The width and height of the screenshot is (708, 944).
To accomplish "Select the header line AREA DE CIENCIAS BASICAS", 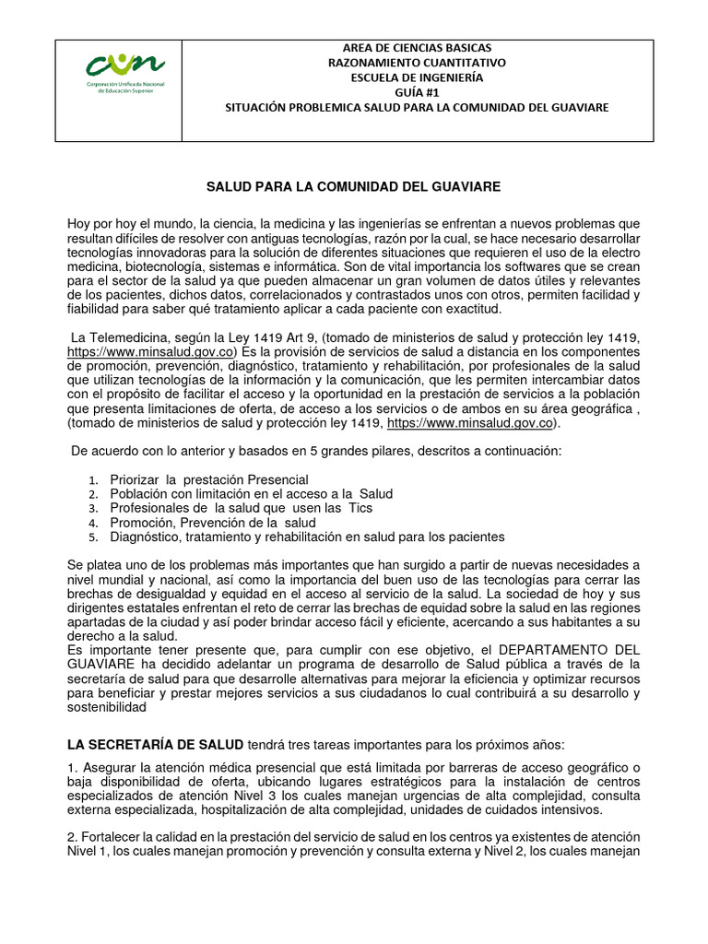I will click(418, 47).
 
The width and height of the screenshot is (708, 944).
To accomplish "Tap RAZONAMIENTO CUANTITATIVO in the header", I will click(418, 63).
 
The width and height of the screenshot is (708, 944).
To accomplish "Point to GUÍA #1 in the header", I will click(418, 92).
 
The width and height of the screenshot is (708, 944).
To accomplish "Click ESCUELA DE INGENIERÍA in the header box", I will click(418, 77).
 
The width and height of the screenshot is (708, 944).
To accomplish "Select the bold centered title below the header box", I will click(352, 187).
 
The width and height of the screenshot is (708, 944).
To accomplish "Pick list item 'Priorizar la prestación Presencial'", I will click(209, 480).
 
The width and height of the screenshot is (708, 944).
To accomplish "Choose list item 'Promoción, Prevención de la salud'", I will click(213, 522).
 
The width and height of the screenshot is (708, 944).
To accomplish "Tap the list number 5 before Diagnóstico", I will click(93, 537).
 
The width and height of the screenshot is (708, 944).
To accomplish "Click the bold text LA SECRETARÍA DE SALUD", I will click(156, 745).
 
